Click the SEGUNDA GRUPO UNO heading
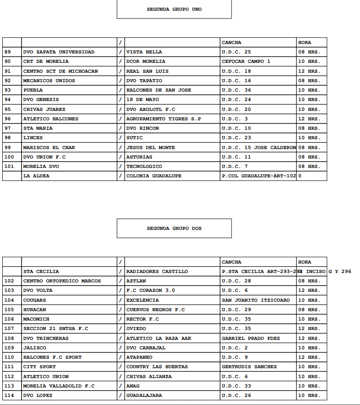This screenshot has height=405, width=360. [174, 9]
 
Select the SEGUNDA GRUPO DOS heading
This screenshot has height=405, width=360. [174, 228]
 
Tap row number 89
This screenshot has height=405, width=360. [7, 52]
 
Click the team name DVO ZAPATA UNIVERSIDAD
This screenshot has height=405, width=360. [59, 52]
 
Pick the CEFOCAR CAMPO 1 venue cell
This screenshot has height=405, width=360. [246, 62]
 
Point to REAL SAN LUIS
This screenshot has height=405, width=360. [147, 71]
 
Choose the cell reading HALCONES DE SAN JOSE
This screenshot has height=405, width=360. [158, 90]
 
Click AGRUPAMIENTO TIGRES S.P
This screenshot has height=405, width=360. [163, 119]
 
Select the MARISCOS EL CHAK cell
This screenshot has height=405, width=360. [49, 148]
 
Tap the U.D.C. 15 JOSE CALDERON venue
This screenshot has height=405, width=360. [259, 148]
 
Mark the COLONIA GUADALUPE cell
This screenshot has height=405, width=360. [154, 176]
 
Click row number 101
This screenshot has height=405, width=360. [9, 167]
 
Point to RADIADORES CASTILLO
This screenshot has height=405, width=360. [157, 272]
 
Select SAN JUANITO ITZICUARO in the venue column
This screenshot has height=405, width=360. [256, 300]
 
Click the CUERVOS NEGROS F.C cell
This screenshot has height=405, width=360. [155, 310]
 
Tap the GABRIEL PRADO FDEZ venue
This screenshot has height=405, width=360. [251, 339]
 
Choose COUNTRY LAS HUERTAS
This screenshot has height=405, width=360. [157, 367]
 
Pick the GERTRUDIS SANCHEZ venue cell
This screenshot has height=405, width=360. [250, 367]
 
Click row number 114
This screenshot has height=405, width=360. [9, 396]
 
